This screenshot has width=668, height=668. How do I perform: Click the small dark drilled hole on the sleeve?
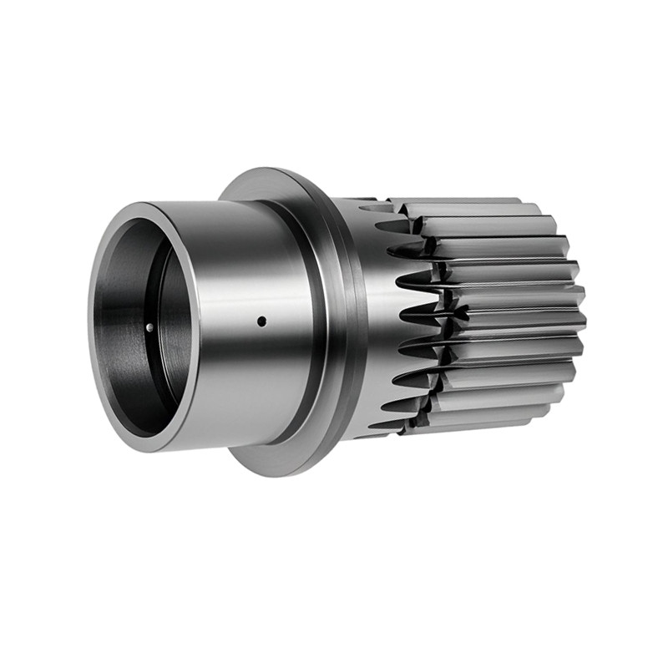tap(261, 321)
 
